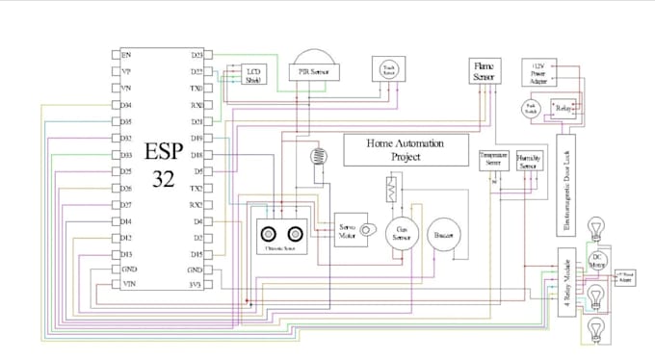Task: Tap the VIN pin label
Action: pos(127,285)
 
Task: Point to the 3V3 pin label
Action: pos(196,285)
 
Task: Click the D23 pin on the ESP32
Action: pos(196,55)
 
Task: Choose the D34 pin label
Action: pos(126,105)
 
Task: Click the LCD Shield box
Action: pos(253,76)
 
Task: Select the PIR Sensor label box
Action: pos(309,72)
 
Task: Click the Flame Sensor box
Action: pos(483,70)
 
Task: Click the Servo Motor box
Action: pos(346,232)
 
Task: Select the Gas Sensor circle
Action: pos(403,234)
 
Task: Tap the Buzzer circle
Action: pos(444,234)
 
